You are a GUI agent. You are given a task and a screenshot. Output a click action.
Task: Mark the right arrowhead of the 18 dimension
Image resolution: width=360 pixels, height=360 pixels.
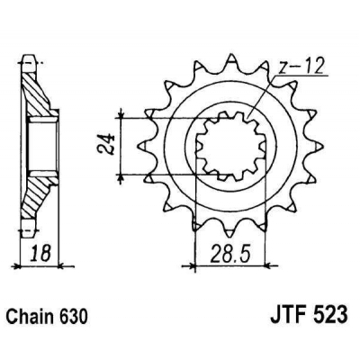click(58, 265)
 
